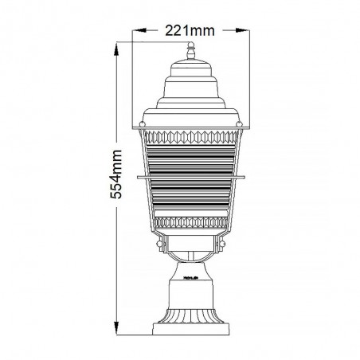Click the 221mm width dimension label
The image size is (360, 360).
[x=190, y=31]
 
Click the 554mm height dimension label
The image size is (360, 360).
[x=116, y=174]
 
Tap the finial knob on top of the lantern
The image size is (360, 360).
[x=190, y=50]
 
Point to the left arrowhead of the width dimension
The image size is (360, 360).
[x=139, y=30]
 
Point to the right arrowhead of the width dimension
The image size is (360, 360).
[x=242, y=30]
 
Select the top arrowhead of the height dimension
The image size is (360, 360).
[x=116, y=49]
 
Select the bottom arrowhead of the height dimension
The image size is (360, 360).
[x=116, y=328]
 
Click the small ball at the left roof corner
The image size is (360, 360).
[x=143, y=123]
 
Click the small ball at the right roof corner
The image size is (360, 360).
[x=239, y=123]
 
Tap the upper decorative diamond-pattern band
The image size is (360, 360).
[x=191, y=137]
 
